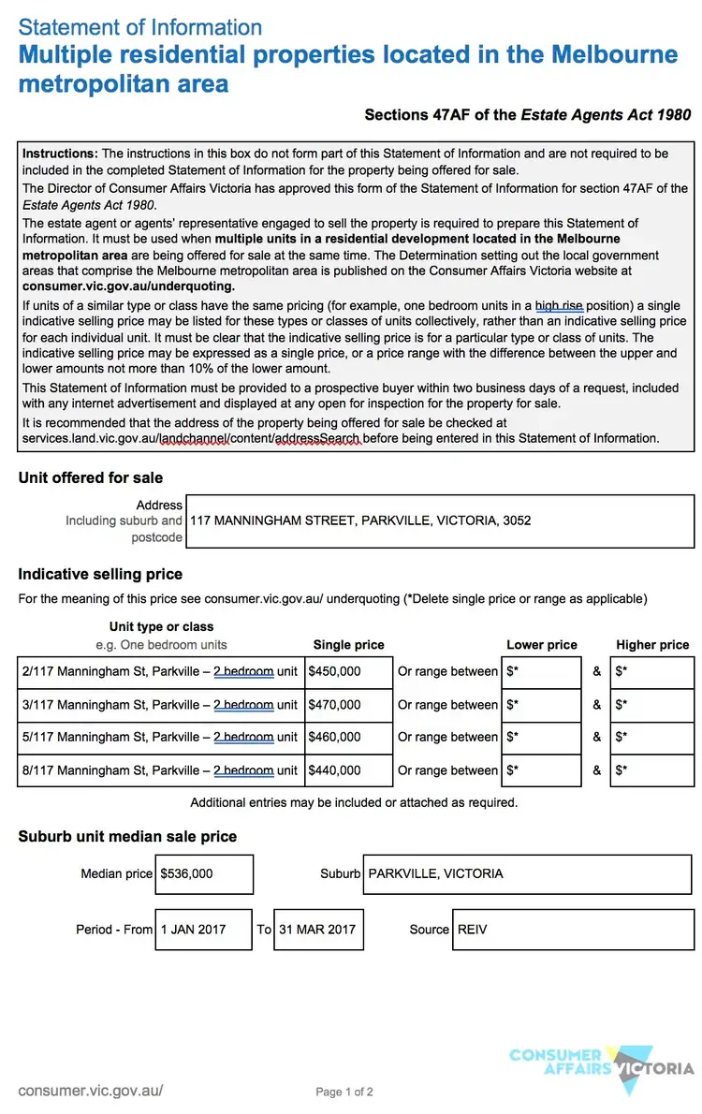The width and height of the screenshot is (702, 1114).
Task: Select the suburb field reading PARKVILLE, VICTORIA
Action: pyautogui.click(x=528, y=874)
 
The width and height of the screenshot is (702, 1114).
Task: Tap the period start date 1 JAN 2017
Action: pyautogui.click(x=203, y=930)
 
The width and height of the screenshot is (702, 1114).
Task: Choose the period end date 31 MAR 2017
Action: pyautogui.click(x=318, y=930)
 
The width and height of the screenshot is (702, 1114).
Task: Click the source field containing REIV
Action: pyautogui.click(x=573, y=930)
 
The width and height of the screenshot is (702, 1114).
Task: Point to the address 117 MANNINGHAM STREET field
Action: pyautogui.click(x=441, y=520)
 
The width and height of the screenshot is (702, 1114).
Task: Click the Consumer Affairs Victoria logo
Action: pyautogui.click(x=602, y=1068)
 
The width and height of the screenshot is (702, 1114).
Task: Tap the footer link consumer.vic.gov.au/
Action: pyautogui.click(x=91, y=1091)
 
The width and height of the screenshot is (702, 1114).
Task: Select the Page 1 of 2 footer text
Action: pyautogui.click(x=344, y=1092)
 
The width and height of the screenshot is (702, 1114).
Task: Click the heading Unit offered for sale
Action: pyautogui.click(x=90, y=477)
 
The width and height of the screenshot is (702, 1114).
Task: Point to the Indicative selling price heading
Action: pyautogui.click(x=100, y=574)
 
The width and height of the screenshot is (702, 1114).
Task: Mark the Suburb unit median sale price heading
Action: pyautogui.click(x=127, y=836)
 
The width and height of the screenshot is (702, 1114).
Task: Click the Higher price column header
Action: pyautogui.click(x=652, y=645)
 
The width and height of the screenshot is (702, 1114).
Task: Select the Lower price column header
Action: pyautogui.click(x=542, y=645)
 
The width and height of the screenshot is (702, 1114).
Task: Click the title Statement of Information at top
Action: pyautogui.click(x=140, y=27)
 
